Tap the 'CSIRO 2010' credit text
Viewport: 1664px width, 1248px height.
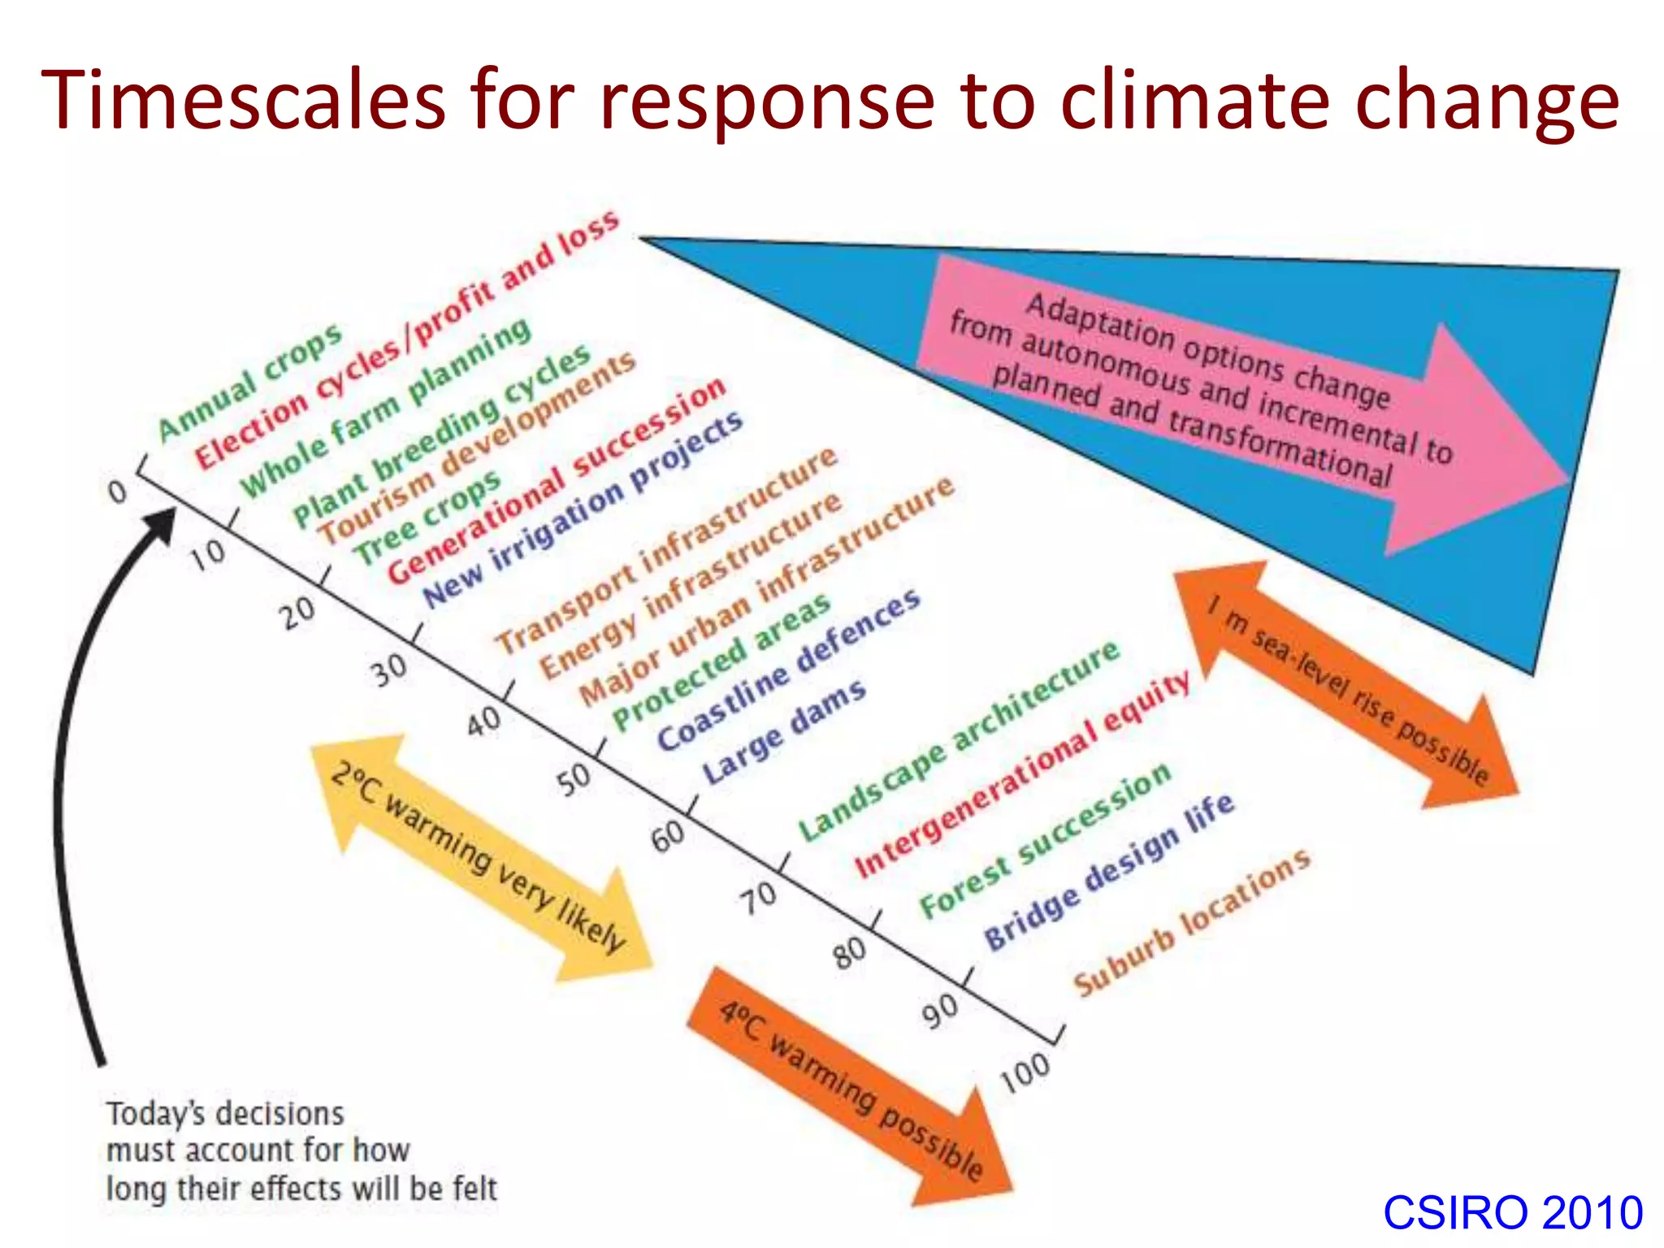coord(1513,1213)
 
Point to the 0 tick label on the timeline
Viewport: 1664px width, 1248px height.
coord(119,491)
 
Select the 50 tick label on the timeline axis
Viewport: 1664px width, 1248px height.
coord(574,779)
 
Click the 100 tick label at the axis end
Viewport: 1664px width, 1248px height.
coord(1025,1072)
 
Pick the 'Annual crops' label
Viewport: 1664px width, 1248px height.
coord(250,382)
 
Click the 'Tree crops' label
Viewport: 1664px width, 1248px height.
coord(427,518)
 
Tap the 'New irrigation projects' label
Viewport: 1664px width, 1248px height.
coord(583,509)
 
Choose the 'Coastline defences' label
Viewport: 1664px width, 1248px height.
coord(788,669)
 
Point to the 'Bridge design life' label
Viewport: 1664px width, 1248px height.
coord(1109,872)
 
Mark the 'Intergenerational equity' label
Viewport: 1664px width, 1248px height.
coord(1022,775)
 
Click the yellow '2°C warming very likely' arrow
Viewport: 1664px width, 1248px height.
coord(479,857)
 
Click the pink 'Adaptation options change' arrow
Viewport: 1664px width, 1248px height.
coord(1219,390)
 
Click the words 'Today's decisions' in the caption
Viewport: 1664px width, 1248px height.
coord(225,1114)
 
